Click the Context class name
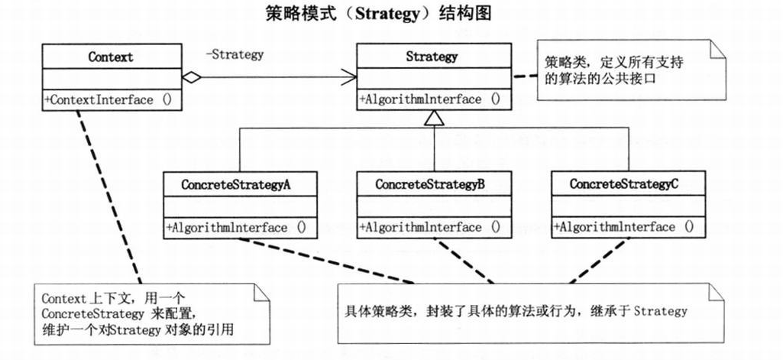pos(111,57)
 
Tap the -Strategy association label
pos(235,54)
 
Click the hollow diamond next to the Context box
pos(192,76)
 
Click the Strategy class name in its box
pos(432,57)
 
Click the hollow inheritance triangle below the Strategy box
pos(434,118)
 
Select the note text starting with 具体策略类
pos(516,311)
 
